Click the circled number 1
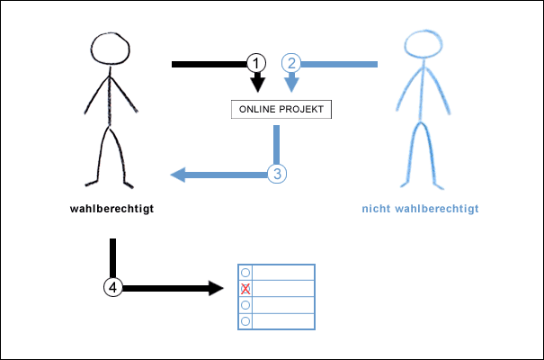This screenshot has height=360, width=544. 257,63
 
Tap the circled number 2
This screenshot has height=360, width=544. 291,63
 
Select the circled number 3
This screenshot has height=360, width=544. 277,174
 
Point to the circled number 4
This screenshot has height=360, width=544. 112,287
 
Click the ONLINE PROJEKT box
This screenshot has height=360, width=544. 281,110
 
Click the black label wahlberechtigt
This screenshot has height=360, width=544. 111,210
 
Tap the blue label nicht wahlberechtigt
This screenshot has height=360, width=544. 420,210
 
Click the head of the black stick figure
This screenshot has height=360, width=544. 111,49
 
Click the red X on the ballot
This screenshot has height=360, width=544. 245,289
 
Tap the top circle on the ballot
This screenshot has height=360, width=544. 245,272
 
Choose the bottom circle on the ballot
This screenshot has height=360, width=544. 245,320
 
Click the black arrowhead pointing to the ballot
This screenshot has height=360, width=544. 215,288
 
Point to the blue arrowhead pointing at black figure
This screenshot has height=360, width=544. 178,175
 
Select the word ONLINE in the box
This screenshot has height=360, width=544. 260,110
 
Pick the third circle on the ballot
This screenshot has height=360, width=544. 245,305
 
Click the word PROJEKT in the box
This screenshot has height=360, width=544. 304,110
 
